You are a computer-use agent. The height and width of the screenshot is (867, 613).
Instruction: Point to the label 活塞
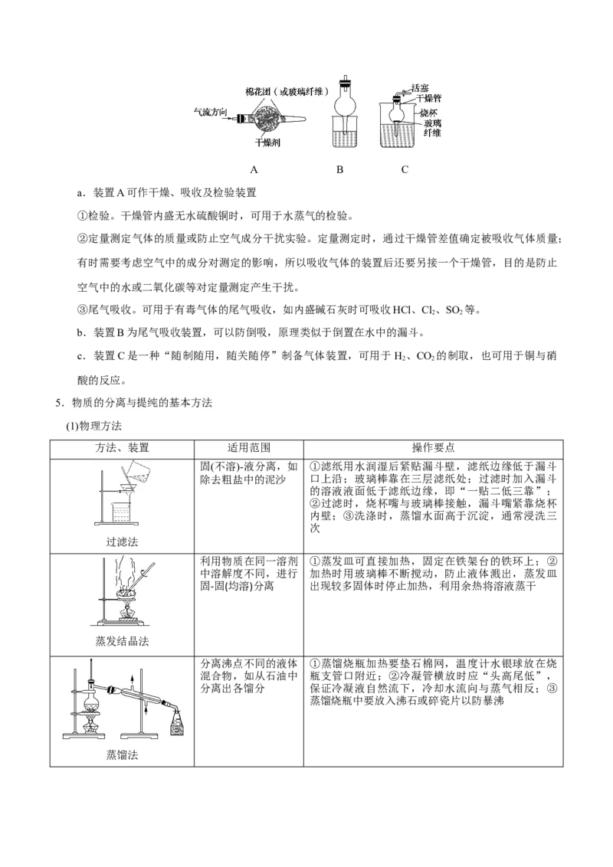tap(421, 88)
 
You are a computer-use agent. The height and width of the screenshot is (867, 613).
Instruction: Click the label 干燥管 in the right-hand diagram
tap(426, 100)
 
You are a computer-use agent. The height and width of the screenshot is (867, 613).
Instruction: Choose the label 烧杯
tap(429, 112)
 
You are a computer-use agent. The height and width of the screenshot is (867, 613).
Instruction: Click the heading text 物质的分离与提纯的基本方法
tap(142, 403)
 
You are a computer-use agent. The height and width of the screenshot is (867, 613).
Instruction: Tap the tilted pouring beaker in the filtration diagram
tap(139, 470)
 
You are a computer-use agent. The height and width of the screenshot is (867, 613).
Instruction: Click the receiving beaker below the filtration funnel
tap(123, 511)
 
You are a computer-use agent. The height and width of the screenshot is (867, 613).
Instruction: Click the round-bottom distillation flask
tap(91, 702)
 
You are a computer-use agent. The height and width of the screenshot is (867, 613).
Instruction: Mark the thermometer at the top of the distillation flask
tap(91, 671)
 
